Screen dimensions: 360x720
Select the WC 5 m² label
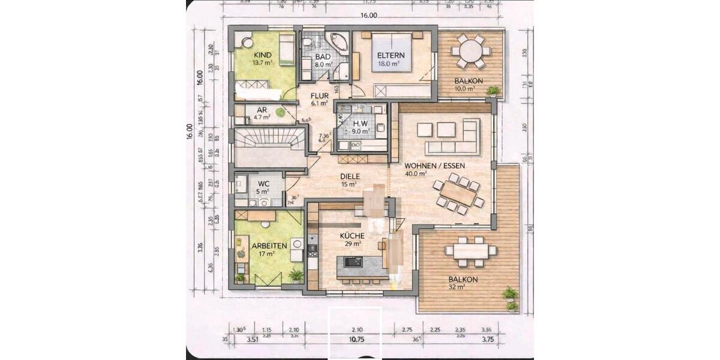[263, 187]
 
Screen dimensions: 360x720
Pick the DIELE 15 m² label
[350, 180]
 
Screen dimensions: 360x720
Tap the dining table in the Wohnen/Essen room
[461, 193]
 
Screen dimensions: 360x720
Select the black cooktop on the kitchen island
[352, 262]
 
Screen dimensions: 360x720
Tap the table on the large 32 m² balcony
[471, 250]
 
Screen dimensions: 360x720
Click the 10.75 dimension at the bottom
[356, 338]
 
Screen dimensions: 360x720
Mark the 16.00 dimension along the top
[369, 16]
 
